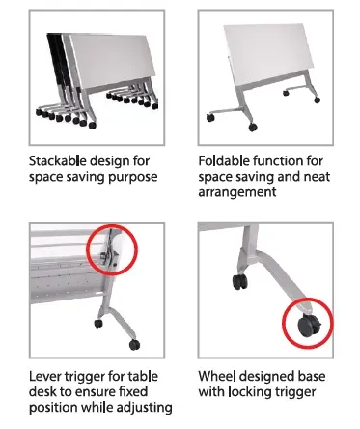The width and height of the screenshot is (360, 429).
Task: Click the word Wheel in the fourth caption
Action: [219, 374]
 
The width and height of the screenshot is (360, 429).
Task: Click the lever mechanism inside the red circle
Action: [108, 250]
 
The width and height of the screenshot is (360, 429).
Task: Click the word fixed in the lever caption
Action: [133, 391]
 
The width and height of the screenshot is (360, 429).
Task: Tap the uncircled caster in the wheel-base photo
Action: [237, 283]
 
